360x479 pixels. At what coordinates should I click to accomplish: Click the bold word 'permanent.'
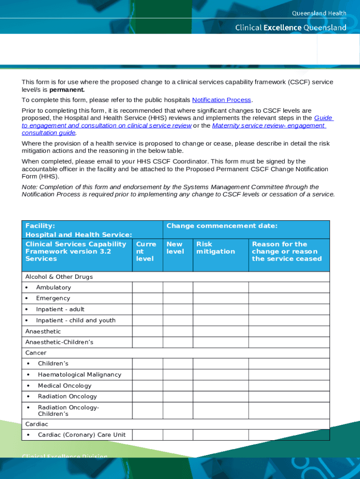(x=67, y=89)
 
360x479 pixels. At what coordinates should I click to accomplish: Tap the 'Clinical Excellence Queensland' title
(x=290, y=28)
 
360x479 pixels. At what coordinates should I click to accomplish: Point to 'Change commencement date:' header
(x=222, y=226)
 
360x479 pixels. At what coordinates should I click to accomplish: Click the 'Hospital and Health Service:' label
(x=78, y=235)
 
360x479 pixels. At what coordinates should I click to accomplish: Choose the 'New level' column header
(x=174, y=248)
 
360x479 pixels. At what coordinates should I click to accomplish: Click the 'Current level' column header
(x=146, y=251)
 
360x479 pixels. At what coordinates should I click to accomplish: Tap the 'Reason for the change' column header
(x=287, y=251)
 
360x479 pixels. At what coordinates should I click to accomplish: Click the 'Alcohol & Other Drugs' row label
(x=59, y=277)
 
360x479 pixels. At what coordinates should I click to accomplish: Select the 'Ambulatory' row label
(x=53, y=288)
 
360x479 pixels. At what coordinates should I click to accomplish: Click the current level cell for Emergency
(x=147, y=298)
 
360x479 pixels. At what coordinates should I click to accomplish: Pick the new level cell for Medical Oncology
(x=178, y=386)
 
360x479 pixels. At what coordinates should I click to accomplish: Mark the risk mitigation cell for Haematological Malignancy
(x=220, y=375)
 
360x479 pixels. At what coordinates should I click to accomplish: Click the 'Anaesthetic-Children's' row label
(x=59, y=342)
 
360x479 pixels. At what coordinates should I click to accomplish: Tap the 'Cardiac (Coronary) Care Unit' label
(x=81, y=435)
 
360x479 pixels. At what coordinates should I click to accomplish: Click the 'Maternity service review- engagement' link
(x=268, y=125)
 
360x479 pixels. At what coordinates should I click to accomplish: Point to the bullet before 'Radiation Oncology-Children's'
(x=29, y=407)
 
